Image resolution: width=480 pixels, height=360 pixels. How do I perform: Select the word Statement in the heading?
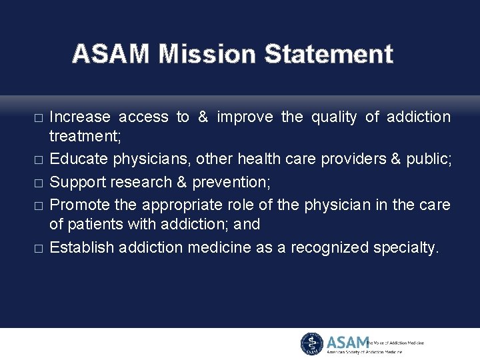pyautogui.click(x=329, y=54)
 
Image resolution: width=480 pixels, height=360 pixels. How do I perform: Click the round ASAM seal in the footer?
pyautogui.click(x=311, y=344)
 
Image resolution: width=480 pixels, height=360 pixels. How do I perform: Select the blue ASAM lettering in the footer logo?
pyautogui.click(x=347, y=343)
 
